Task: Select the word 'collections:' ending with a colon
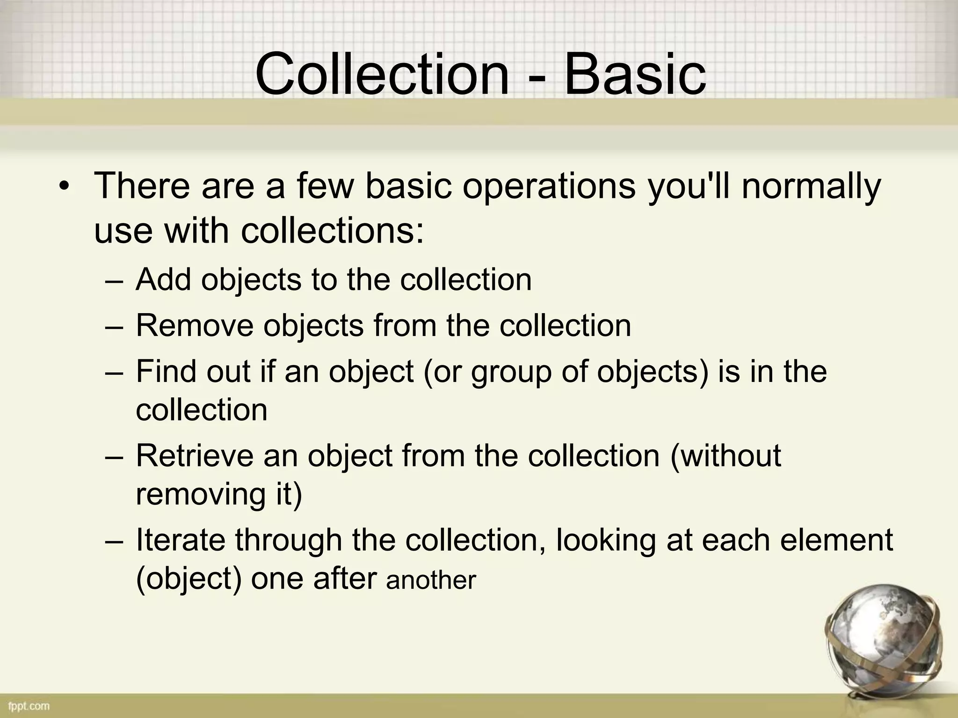tap(333, 230)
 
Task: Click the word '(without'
tap(726, 455)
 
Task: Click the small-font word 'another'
tap(431, 581)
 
